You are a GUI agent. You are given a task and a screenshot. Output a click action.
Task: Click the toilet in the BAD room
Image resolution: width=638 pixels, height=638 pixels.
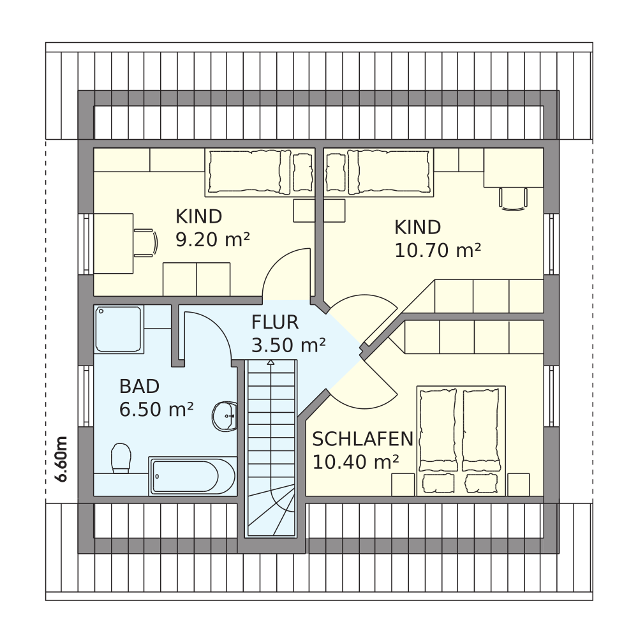121,458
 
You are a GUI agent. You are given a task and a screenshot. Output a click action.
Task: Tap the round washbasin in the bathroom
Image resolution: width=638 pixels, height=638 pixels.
225,416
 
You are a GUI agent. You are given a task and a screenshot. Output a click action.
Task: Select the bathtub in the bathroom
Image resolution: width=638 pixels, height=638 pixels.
193,476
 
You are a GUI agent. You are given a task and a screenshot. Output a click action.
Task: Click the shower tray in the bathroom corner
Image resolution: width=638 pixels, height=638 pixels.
118,329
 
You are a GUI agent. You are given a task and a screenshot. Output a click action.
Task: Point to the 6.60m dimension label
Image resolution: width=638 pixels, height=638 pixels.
61,459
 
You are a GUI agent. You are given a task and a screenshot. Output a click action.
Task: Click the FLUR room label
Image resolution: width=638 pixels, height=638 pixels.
274,322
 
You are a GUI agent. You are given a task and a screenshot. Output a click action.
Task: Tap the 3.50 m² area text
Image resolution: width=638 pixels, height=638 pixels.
288,345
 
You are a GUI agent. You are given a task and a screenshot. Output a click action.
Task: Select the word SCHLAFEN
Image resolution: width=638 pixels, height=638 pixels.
362,439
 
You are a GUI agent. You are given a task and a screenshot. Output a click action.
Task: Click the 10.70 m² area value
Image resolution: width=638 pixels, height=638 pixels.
438,250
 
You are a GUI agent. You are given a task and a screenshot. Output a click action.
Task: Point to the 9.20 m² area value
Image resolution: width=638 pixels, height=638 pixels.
212,240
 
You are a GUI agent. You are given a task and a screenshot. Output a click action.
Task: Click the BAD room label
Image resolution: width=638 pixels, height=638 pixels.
139,387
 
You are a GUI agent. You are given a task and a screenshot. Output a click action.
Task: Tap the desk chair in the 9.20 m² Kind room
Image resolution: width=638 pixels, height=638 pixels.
145,243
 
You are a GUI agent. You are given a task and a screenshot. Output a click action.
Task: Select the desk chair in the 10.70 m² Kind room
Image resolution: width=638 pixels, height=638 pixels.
513,199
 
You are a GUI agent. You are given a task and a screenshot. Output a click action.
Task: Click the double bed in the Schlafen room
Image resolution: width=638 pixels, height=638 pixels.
461,441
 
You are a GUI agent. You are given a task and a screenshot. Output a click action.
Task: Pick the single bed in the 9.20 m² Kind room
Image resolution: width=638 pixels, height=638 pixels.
260,172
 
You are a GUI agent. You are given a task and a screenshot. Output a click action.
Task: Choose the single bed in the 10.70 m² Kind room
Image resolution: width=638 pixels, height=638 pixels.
378,172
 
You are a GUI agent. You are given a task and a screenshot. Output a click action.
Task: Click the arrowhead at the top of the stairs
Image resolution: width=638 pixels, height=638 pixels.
271,362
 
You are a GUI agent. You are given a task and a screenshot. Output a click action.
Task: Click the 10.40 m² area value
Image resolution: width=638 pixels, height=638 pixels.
355,462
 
